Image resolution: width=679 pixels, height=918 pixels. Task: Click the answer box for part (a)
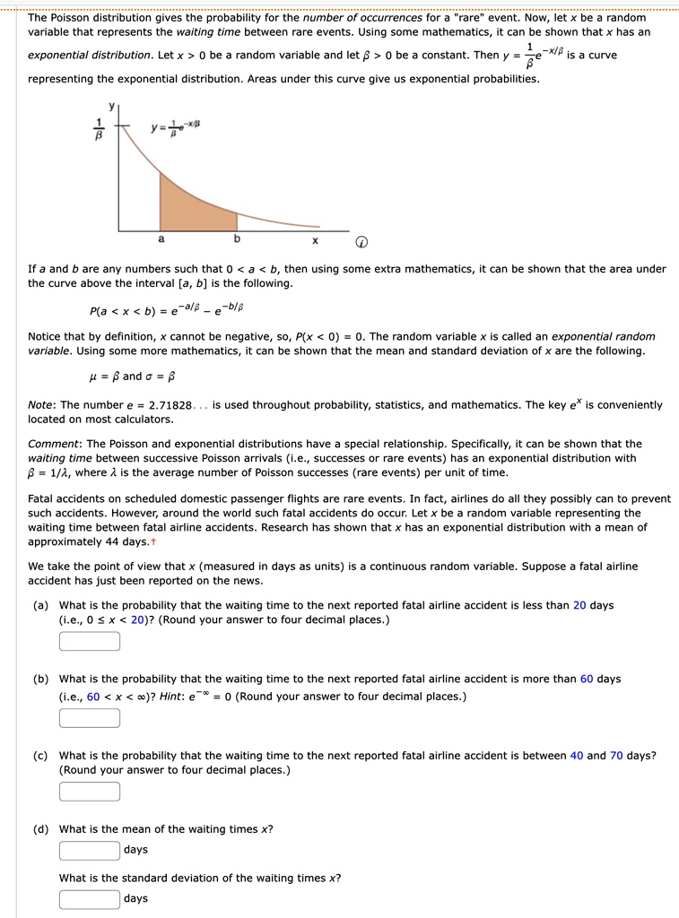click(90, 641)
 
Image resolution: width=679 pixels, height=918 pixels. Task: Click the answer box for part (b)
click(90, 718)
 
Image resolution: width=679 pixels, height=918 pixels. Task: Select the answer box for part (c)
click(90, 792)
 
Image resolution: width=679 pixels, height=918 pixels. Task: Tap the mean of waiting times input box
click(90, 850)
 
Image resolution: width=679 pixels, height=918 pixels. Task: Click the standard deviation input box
click(90, 898)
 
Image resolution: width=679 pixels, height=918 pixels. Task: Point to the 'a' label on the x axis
click(161, 239)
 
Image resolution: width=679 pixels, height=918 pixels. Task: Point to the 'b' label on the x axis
click(237, 239)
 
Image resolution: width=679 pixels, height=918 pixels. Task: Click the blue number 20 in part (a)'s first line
click(579, 605)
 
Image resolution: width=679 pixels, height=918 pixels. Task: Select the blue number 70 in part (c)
click(616, 755)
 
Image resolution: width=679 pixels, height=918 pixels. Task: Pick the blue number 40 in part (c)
click(577, 755)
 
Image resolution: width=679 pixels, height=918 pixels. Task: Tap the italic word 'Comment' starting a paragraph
click(54, 444)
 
